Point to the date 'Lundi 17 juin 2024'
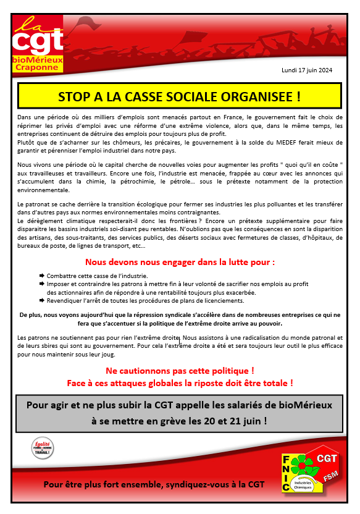tap(307, 70)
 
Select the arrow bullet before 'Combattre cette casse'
tap(41, 275)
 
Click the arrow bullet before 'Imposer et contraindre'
tap(41, 284)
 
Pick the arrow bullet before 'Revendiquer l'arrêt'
tap(41, 301)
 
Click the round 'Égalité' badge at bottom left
tap(43, 449)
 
